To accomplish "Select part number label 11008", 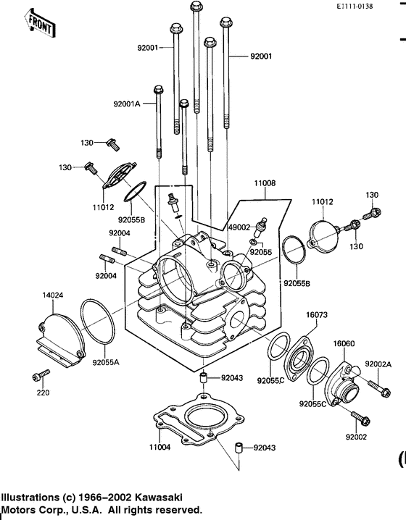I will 264,184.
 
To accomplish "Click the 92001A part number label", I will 127,104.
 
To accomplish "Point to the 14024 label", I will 33,295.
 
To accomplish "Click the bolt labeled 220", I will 41,375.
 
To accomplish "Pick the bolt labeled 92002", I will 361,418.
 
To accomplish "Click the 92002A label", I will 378,364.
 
